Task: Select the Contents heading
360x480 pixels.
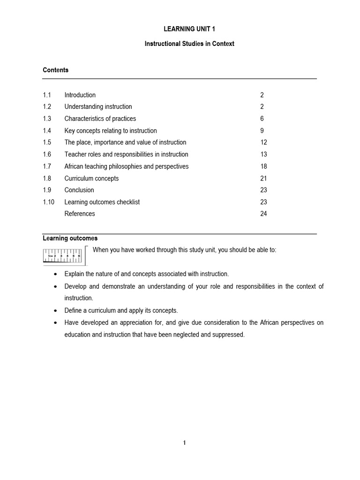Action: click(x=55, y=70)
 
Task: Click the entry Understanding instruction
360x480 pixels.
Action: click(x=98, y=107)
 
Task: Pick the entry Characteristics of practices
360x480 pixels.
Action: click(x=100, y=119)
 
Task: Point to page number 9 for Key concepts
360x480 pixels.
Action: click(x=262, y=131)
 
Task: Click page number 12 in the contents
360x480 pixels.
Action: click(x=263, y=142)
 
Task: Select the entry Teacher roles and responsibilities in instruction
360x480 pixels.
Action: click(x=126, y=154)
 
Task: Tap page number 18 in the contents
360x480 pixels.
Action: click(x=263, y=166)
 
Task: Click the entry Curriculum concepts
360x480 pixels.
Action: click(x=91, y=178)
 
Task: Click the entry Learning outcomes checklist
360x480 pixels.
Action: click(x=102, y=202)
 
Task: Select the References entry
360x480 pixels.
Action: click(x=79, y=214)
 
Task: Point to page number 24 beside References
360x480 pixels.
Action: click(x=263, y=214)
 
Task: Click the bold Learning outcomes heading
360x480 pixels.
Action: click(x=70, y=238)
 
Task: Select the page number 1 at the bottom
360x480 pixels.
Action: click(x=184, y=443)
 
